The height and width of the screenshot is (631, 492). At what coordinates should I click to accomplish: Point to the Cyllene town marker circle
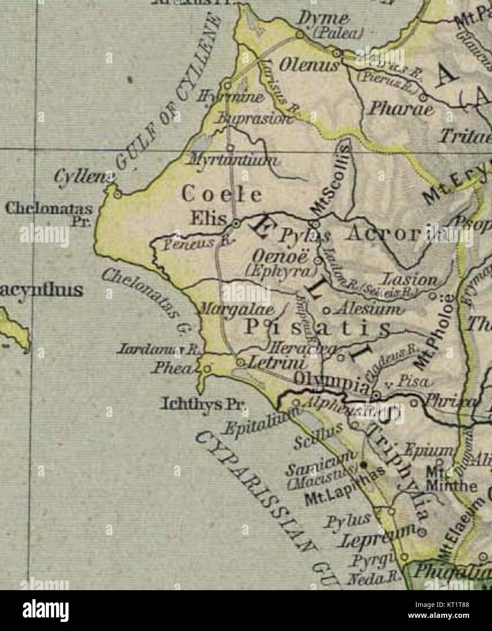118,195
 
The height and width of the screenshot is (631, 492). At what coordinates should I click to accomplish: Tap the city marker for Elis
236,223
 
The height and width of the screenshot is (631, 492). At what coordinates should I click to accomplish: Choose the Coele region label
221,195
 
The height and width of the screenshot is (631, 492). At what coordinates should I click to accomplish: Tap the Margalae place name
238,310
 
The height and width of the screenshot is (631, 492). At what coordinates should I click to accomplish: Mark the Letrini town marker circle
241,362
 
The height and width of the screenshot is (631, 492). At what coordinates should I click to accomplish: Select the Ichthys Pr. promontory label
203,404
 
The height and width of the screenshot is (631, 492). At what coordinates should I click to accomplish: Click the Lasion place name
411,279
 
